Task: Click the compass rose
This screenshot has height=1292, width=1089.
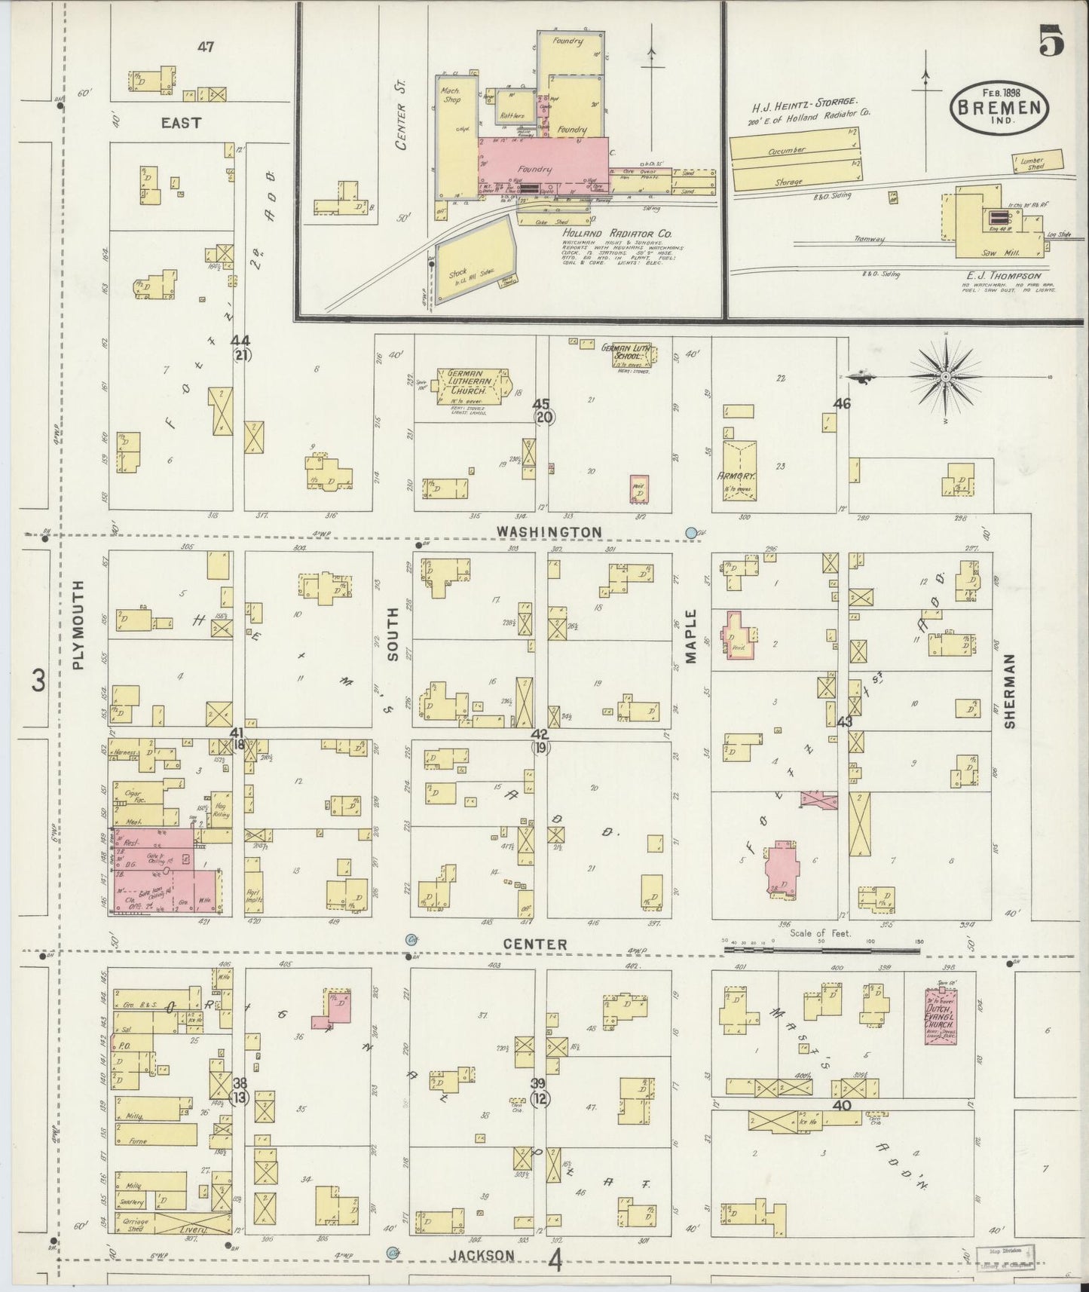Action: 945,376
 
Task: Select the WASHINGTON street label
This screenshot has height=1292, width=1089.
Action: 549,532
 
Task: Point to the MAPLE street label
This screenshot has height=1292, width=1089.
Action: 692,637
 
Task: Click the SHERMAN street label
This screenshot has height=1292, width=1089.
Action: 1010,690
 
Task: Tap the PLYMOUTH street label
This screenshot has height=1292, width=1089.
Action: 80,625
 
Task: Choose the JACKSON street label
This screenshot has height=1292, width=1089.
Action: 482,1255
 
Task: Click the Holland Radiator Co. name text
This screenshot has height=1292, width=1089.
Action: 616,234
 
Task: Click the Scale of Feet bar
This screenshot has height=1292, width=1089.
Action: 821,951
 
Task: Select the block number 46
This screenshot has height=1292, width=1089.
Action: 842,403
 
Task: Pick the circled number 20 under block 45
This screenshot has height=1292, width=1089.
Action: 542,417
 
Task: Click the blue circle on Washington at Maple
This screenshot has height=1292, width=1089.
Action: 690,533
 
